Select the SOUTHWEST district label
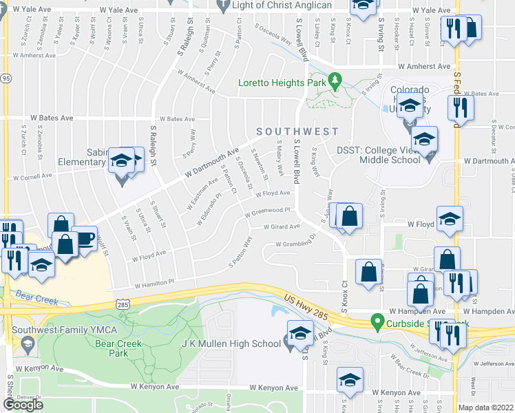tap(297, 131)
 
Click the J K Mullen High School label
tap(231, 344)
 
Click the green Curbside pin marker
tap(377, 321)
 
